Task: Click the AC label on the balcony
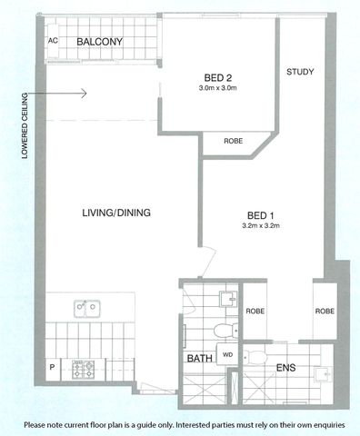coord(53,42)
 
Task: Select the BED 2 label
coord(217,77)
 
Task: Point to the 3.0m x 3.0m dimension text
coord(217,89)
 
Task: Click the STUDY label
coord(301,73)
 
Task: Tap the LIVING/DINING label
coord(116,213)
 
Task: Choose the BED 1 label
coord(258,213)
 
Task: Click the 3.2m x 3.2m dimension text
coord(258,225)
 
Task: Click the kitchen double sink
coord(87,307)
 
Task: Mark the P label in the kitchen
coord(52,367)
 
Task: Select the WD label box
coord(228,355)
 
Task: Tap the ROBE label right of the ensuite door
coord(325,311)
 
